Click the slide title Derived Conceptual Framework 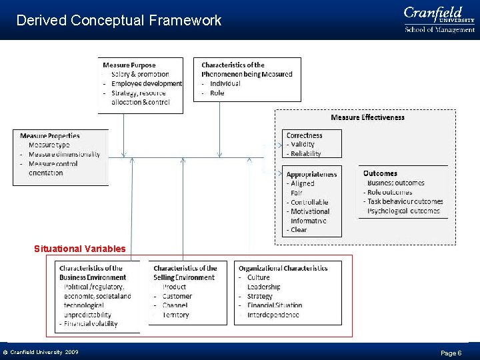[x=119, y=21]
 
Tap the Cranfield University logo [x=439, y=19]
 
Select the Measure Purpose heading [x=130, y=65]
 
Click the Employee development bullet [x=146, y=83]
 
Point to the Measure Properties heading [x=50, y=136]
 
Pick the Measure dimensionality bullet [x=64, y=154]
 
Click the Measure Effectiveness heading [x=367, y=117]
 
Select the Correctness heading [x=304, y=135]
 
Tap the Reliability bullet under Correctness [x=305, y=153]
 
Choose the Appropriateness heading [x=311, y=174]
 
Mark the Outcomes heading [x=380, y=173]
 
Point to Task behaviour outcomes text [x=405, y=201]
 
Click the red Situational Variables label [x=79, y=249]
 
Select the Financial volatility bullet [x=91, y=324]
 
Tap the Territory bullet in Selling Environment [x=175, y=315]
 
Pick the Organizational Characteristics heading [x=283, y=268]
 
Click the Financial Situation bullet [x=274, y=305]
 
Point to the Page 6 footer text [x=451, y=353]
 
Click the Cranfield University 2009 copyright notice [x=41, y=352]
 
